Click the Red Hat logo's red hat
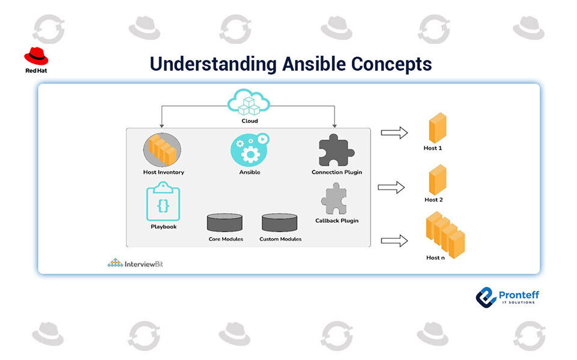click(x=36, y=56)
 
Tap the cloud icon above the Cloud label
click(x=249, y=102)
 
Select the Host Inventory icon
click(x=162, y=149)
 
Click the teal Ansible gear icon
click(x=250, y=150)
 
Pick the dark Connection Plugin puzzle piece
click(x=336, y=151)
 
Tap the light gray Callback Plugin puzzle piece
click(x=334, y=199)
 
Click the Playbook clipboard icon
click(x=163, y=202)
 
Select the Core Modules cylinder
click(x=225, y=223)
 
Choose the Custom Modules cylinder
click(x=279, y=223)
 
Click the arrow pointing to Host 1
click(x=394, y=133)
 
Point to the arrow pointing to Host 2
click(x=391, y=187)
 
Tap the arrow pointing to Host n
click(x=394, y=241)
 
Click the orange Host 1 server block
click(x=438, y=128)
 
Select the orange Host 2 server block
click(x=438, y=180)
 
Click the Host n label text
click(x=435, y=258)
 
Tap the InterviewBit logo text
click(x=143, y=264)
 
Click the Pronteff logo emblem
click(x=486, y=298)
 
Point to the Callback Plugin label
click(x=337, y=221)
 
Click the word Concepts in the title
click(x=391, y=64)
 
